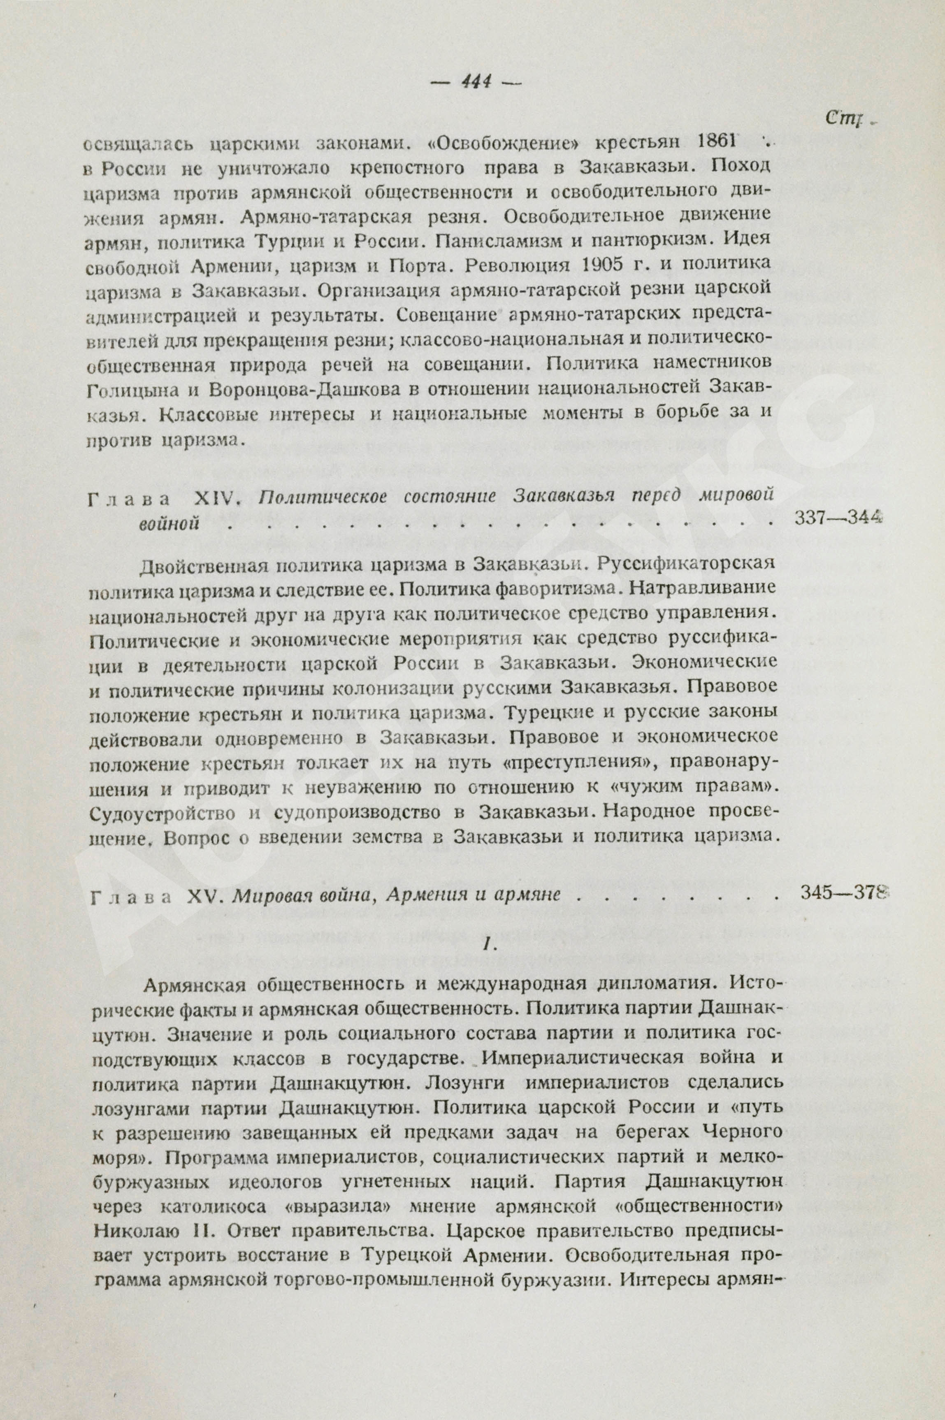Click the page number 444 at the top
[476, 80]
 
